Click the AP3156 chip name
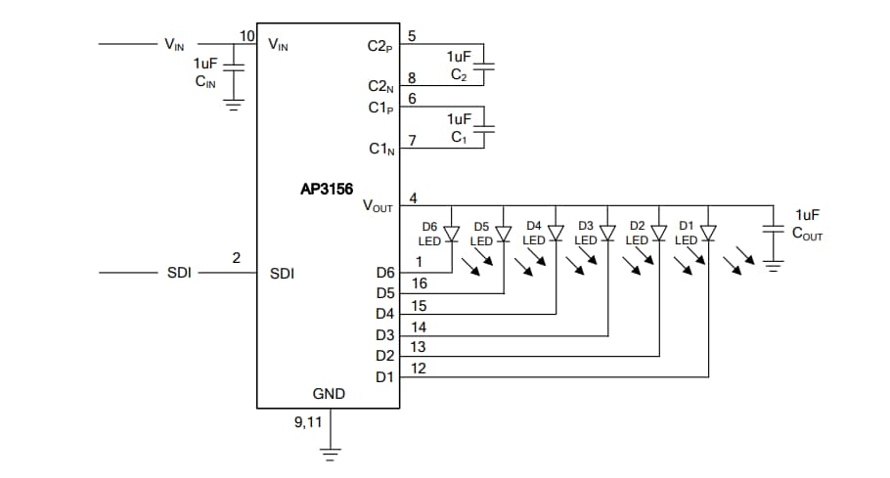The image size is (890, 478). (327, 191)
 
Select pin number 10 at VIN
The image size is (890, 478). (246, 36)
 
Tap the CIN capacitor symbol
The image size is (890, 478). (234, 67)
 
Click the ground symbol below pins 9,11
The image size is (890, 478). (332, 453)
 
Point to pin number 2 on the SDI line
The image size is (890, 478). (236, 258)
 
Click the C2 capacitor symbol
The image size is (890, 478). (489, 66)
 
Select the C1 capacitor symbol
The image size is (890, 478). (489, 127)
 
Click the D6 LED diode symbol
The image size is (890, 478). (451, 234)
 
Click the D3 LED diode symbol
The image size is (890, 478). (606, 234)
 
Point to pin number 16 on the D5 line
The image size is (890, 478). (419, 283)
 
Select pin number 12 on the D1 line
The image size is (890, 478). (419, 368)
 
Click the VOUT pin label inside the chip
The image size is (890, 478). (378, 206)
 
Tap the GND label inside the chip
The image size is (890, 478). (329, 394)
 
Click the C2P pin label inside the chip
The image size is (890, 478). (379, 46)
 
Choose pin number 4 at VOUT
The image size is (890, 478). (413, 198)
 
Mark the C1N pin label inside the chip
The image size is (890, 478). (380, 150)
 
